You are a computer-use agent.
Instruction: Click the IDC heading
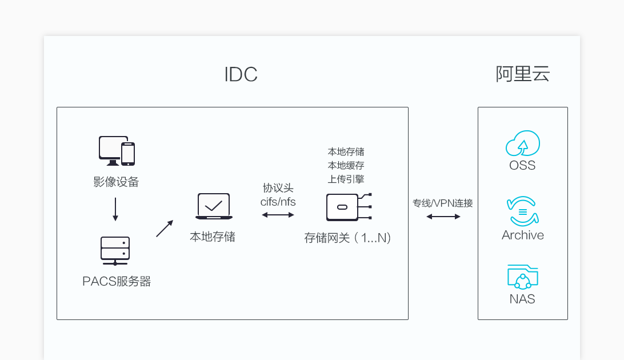coord(241,75)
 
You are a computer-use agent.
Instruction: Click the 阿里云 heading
coord(522,74)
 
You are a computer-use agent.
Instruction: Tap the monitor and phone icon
coord(117,151)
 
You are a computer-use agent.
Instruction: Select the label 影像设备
coord(116,182)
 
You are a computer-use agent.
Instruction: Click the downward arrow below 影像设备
coord(115,209)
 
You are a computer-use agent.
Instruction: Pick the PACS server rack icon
coord(115,251)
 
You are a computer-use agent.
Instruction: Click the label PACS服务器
coord(117,281)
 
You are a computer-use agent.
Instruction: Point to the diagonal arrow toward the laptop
coord(164,229)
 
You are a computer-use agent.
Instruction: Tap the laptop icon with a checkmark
coord(214,206)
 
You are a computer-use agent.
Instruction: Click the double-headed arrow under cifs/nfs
coord(278,215)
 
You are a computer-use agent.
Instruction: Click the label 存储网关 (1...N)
coord(347,238)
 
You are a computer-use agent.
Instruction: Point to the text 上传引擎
coord(346,178)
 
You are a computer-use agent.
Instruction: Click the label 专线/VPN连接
coord(443,203)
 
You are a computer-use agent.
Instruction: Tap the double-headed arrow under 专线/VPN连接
coord(443,217)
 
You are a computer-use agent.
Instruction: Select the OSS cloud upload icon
coord(522,144)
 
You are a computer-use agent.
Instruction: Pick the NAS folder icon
coord(522,277)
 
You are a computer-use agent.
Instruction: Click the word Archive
coord(522,235)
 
